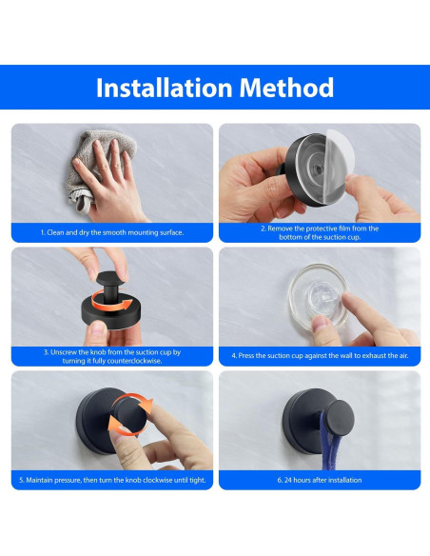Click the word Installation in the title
point(164,88)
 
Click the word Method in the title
point(286,88)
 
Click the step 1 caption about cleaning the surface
point(112,232)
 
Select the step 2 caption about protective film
point(320,232)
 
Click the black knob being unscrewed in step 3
point(107,287)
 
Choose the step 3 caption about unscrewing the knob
point(112,356)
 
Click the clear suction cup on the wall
point(318,297)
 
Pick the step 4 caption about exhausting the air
point(320,355)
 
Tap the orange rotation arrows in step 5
point(129,414)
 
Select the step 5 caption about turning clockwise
point(112,480)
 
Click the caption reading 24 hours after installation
point(320,480)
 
